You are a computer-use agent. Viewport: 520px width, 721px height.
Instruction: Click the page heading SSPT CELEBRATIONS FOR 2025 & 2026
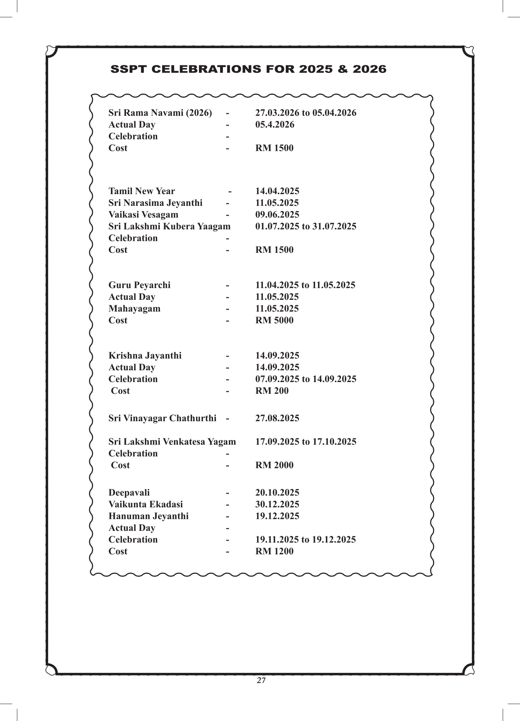(x=248, y=69)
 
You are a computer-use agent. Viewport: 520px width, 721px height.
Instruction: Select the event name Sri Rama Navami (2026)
(x=160, y=113)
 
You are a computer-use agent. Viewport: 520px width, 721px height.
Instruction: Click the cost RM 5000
(x=274, y=321)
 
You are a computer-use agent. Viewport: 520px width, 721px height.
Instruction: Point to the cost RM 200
(x=272, y=391)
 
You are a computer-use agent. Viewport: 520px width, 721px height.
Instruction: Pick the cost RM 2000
(x=274, y=465)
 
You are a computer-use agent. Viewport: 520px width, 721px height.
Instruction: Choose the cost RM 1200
(x=274, y=552)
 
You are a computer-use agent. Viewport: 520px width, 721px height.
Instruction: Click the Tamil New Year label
(x=142, y=191)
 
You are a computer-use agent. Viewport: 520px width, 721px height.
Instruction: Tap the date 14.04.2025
(x=277, y=191)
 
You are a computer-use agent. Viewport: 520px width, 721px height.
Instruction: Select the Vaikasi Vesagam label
(x=143, y=215)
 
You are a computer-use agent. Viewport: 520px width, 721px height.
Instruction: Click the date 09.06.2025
(x=277, y=215)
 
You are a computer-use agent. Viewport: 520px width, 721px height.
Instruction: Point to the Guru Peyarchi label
(x=139, y=285)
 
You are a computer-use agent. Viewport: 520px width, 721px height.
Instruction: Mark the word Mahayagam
(x=134, y=309)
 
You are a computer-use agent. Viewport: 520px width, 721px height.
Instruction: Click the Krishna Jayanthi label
(x=145, y=356)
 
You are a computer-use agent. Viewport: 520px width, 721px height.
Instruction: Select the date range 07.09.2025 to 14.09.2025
(x=306, y=379)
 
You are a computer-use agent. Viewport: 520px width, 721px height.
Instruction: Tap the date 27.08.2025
(x=277, y=418)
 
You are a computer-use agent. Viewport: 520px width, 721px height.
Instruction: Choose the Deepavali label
(x=129, y=493)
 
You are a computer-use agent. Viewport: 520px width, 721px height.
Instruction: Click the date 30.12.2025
(x=277, y=505)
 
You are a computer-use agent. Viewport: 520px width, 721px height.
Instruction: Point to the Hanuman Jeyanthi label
(x=148, y=516)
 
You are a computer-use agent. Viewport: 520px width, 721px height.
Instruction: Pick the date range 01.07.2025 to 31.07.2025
(x=306, y=227)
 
